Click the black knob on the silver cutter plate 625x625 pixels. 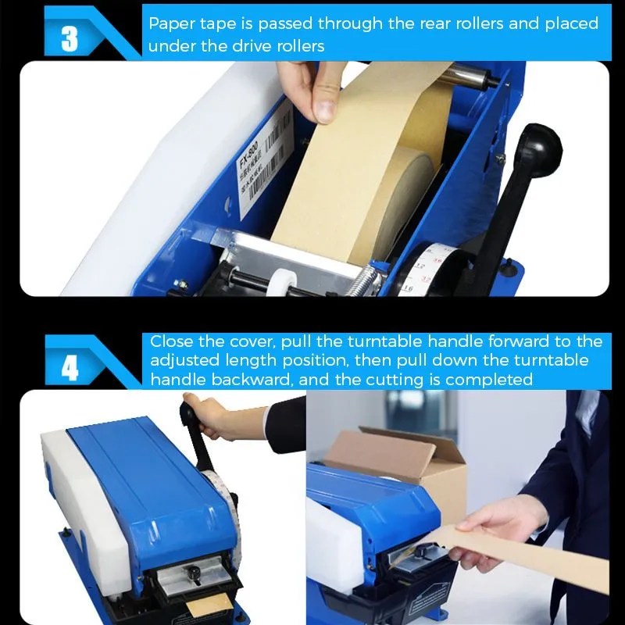tap(193, 575)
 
